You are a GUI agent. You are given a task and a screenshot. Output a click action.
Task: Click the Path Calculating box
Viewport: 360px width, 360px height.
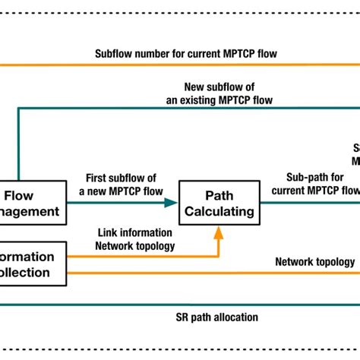click(x=219, y=203)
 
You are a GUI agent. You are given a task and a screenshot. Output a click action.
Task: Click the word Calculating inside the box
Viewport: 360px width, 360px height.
click(x=219, y=212)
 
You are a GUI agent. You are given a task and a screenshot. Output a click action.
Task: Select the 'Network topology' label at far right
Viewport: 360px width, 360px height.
click(x=314, y=261)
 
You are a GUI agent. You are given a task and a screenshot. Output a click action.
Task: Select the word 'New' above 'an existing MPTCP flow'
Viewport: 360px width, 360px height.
click(x=196, y=86)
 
